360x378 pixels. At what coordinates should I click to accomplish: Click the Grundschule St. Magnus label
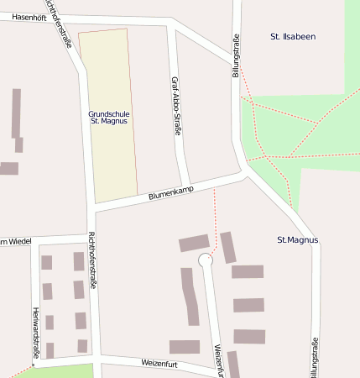click(x=107, y=118)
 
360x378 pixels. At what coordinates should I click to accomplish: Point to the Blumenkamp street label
click(x=170, y=192)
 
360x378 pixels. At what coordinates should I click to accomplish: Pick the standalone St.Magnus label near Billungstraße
click(x=298, y=240)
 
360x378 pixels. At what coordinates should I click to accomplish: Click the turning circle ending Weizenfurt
click(x=206, y=261)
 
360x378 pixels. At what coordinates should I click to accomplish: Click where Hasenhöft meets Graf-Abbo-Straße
click(x=171, y=24)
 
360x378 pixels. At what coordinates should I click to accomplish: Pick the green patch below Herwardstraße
click(x=59, y=371)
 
